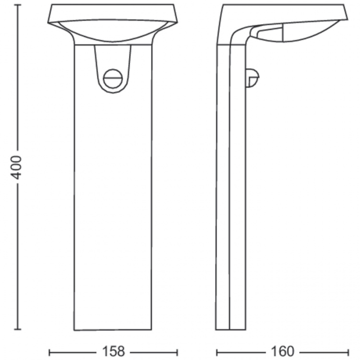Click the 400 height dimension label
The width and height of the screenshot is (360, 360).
click(x=17, y=167)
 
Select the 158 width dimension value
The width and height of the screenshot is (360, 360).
click(x=114, y=352)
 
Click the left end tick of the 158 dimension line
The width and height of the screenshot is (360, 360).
click(x=49, y=352)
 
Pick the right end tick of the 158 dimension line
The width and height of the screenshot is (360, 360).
click(x=178, y=352)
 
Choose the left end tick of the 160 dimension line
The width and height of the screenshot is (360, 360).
click(x=216, y=352)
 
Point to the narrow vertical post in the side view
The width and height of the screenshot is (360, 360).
click(x=231, y=202)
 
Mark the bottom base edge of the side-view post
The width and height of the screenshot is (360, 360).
click(x=231, y=330)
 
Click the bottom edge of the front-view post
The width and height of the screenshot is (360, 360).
click(x=113, y=330)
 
